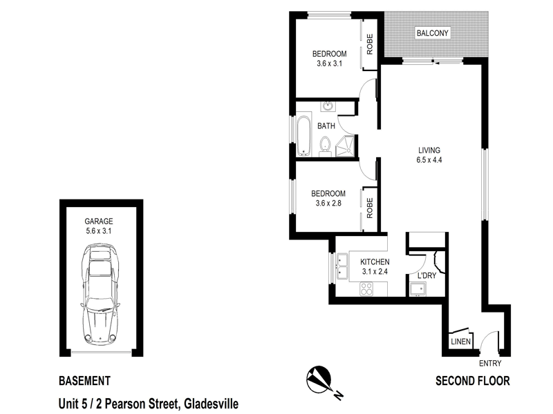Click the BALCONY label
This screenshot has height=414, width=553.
coord(433,32)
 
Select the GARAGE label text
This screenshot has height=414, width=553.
coord(99,221)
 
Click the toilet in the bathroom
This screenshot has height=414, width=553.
coord(325,146)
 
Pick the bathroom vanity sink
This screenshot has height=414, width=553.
coord(328,107)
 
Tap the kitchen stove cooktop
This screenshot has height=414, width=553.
coord(366,290)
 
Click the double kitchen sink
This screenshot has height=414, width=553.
coord(341,267)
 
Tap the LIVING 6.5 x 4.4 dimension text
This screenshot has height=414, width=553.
coord(429,155)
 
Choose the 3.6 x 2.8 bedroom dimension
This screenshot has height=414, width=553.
coord(328,203)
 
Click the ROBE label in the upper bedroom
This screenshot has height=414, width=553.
coord(370,44)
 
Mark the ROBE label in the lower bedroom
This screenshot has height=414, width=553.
coord(370,208)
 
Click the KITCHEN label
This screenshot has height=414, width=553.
coord(375,262)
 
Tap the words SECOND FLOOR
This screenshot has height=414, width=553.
coord(472,381)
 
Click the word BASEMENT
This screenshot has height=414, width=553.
coord(84,381)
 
